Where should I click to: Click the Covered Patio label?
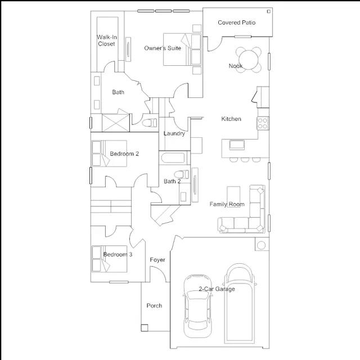coord(236,22)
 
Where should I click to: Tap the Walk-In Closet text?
coord(107,40)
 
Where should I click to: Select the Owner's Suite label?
coord(163,48)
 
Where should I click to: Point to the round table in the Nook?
coord(249,60)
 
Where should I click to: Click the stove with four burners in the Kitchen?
coord(263,124)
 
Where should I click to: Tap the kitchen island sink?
coord(237,145)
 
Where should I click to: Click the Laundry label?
coord(174,133)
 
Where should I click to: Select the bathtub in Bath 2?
coord(174,158)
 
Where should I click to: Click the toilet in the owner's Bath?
coord(150,123)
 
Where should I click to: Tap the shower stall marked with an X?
coord(115,123)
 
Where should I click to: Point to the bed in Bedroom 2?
coord(109,154)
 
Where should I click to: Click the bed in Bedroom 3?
coord(109,259)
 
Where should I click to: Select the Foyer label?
coord(157,260)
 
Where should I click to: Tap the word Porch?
coord(154,306)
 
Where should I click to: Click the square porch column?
coord(145,327)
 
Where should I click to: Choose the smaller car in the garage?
coord(197,306)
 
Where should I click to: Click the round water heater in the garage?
coord(261,245)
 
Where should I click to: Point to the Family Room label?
coord(227,204)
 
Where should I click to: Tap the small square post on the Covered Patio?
coord(269,11)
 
